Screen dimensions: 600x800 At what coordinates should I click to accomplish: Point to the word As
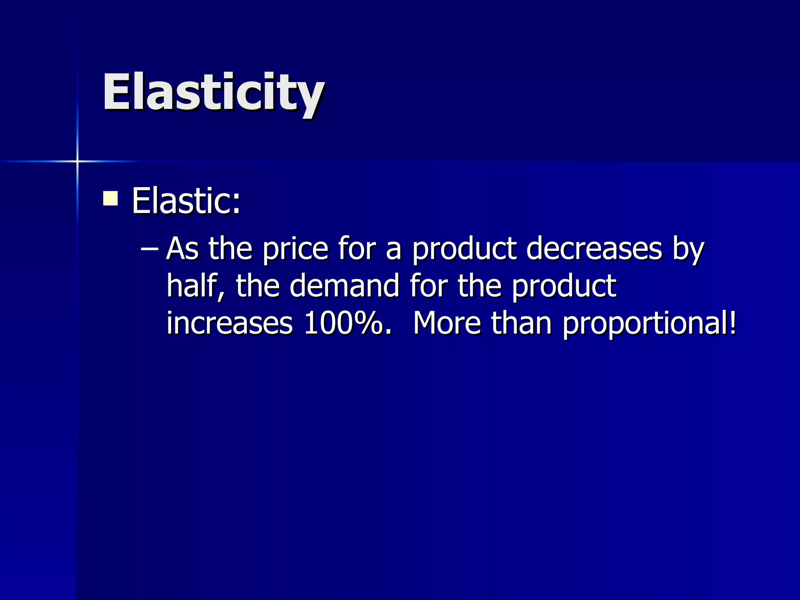pos(182,249)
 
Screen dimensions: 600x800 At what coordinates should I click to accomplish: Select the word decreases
pos(594,249)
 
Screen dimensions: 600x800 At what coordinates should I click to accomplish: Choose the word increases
pos(229,323)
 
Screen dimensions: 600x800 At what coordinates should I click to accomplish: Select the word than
pos(521,323)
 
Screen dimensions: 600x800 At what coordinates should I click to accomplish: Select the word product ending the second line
pos(564,287)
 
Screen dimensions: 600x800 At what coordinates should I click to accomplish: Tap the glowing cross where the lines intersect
pos(77,161)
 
